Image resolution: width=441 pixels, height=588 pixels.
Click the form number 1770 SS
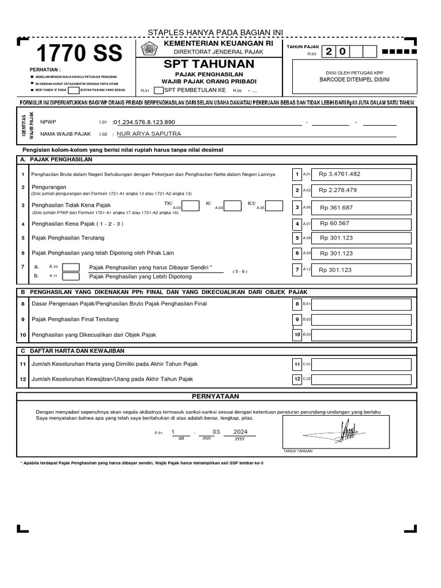79,54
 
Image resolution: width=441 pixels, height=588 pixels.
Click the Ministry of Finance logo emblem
148,48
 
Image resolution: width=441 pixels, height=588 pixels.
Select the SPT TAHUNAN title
209,63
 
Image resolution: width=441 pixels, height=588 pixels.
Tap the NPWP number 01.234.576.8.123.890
145,122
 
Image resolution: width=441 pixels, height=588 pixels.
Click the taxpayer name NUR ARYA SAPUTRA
149,134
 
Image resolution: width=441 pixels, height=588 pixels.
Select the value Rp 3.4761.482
340,174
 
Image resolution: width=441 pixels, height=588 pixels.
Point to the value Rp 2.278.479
338,190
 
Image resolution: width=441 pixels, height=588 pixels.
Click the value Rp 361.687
336,208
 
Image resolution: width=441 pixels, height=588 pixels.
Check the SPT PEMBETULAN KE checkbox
158,90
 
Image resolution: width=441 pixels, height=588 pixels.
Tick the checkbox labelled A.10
71,266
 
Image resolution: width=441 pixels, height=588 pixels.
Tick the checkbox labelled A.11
71,276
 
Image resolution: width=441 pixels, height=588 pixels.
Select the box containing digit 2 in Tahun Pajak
329,52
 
